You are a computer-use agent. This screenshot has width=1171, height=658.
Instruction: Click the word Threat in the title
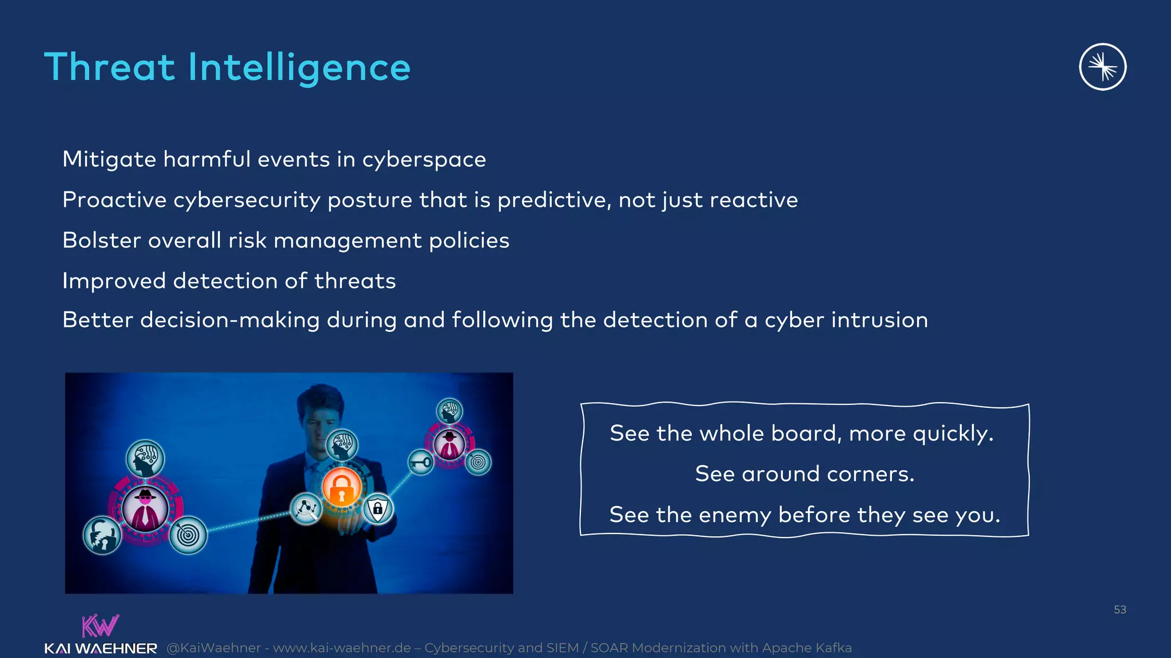click(109, 67)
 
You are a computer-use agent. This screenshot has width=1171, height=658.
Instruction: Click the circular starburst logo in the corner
click(1102, 67)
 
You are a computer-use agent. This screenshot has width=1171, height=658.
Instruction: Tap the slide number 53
click(1120, 609)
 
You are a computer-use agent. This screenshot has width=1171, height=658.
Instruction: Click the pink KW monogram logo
click(100, 626)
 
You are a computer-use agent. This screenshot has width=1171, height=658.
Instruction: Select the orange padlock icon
click(341, 487)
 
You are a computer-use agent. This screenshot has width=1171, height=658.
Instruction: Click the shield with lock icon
click(377, 508)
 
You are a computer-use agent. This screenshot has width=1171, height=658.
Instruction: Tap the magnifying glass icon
click(306, 508)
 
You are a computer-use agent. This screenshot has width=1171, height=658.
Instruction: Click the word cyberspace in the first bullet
click(424, 159)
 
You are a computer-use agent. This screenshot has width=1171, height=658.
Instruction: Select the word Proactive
click(114, 200)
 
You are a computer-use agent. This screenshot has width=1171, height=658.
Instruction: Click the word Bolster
click(102, 240)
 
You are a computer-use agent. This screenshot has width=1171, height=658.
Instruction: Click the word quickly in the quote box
click(953, 434)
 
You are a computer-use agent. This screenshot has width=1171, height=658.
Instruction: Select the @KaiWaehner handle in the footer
click(213, 648)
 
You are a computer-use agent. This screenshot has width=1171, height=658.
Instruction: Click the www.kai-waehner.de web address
click(341, 648)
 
